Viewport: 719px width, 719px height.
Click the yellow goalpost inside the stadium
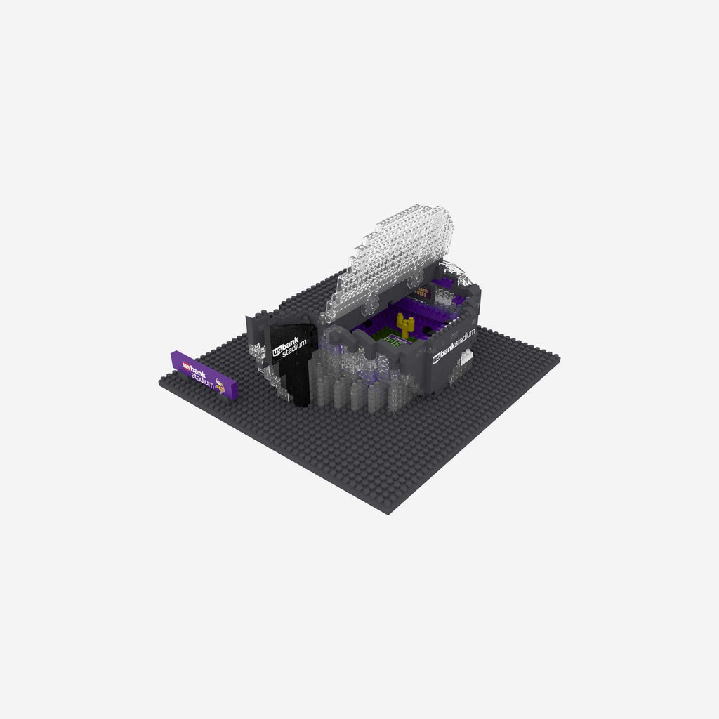(405, 325)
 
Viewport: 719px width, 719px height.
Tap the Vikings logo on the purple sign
(220, 383)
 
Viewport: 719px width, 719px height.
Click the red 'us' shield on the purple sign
(186, 365)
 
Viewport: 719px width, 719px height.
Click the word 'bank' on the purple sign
(199, 370)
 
